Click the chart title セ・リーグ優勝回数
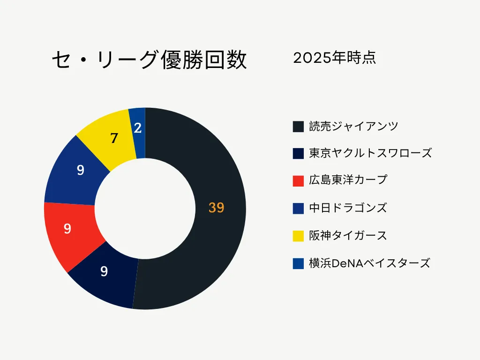tap(149, 60)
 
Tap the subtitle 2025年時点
tap(334, 58)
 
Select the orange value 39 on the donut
tap(216, 208)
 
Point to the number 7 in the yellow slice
tap(114, 138)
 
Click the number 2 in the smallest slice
tap(138, 127)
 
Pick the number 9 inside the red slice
tap(67, 229)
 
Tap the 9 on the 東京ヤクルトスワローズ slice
tap(104, 271)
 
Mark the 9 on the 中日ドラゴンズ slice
tap(81, 170)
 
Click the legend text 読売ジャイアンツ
tap(354, 126)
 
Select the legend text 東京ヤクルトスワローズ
tap(370, 153)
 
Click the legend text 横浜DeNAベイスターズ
tap(369, 263)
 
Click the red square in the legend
tap(298, 181)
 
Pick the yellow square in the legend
tap(298, 236)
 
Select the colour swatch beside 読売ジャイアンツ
tap(298, 127)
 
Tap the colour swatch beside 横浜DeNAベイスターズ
tap(298, 263)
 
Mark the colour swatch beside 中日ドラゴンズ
tap(298, 209)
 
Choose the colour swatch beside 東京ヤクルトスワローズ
tap(298, 154)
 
